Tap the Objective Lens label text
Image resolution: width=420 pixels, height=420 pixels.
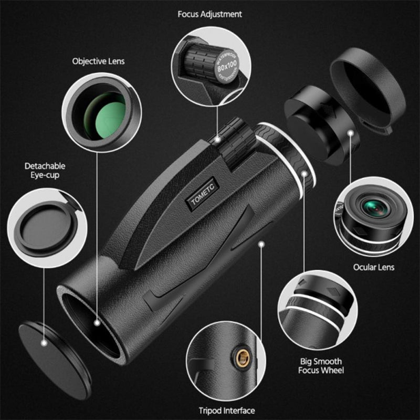(x=99, y=61)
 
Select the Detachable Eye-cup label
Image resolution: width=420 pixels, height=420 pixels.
(x=45, y=170)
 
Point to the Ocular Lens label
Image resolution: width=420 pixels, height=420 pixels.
(x=373, y=267)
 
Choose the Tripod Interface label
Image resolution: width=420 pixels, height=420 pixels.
(x=226, y=411)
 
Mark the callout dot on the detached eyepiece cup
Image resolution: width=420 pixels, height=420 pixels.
(x=350, y=134)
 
